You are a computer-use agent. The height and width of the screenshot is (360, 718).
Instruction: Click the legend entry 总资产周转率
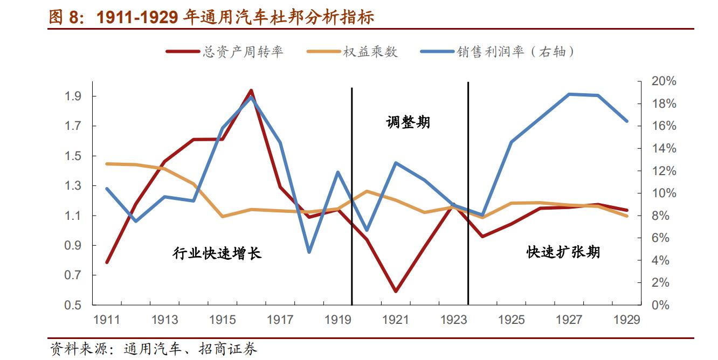(243, 52)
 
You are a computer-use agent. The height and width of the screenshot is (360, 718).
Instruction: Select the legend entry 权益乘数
(370, 52)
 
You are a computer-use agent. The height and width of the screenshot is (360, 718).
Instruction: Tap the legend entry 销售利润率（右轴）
(515, 52)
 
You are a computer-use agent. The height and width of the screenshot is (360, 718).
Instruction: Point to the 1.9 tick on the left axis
(73, 96)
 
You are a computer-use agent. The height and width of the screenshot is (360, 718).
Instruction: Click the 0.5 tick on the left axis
(73, 305)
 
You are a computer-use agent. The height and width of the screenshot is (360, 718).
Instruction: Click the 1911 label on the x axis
(107, 320)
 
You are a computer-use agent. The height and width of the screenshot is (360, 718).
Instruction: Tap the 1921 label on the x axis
(396, 320)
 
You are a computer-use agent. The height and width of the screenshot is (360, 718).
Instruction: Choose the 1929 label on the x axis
(627, 320)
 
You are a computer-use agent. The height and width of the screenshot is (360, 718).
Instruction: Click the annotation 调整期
(408, 122)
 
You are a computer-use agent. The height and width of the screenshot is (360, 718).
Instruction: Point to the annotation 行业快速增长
(217, 253)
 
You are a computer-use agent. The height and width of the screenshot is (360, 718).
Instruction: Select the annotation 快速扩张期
(563, 252)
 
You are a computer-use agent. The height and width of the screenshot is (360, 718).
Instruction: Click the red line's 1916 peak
(251, 91)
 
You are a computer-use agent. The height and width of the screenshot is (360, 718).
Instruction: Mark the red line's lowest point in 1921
(396, 291)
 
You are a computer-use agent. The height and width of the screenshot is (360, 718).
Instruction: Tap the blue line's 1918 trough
(309, 252)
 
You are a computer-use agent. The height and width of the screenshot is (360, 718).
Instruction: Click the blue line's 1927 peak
(569, 94)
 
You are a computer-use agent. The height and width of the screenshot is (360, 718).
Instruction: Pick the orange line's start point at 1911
(107, 163)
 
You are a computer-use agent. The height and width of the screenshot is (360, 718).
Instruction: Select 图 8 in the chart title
(64, 17)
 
